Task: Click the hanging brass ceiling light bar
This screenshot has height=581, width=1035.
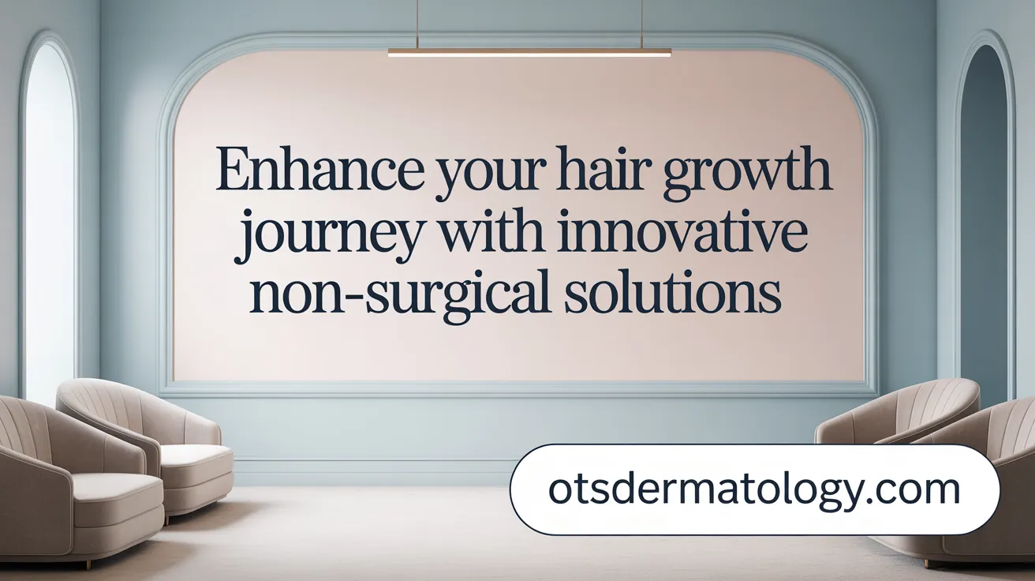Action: pos(529,52)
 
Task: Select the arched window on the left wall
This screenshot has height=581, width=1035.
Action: pos(48,213)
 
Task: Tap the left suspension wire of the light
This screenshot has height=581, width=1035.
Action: pos(417,24)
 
